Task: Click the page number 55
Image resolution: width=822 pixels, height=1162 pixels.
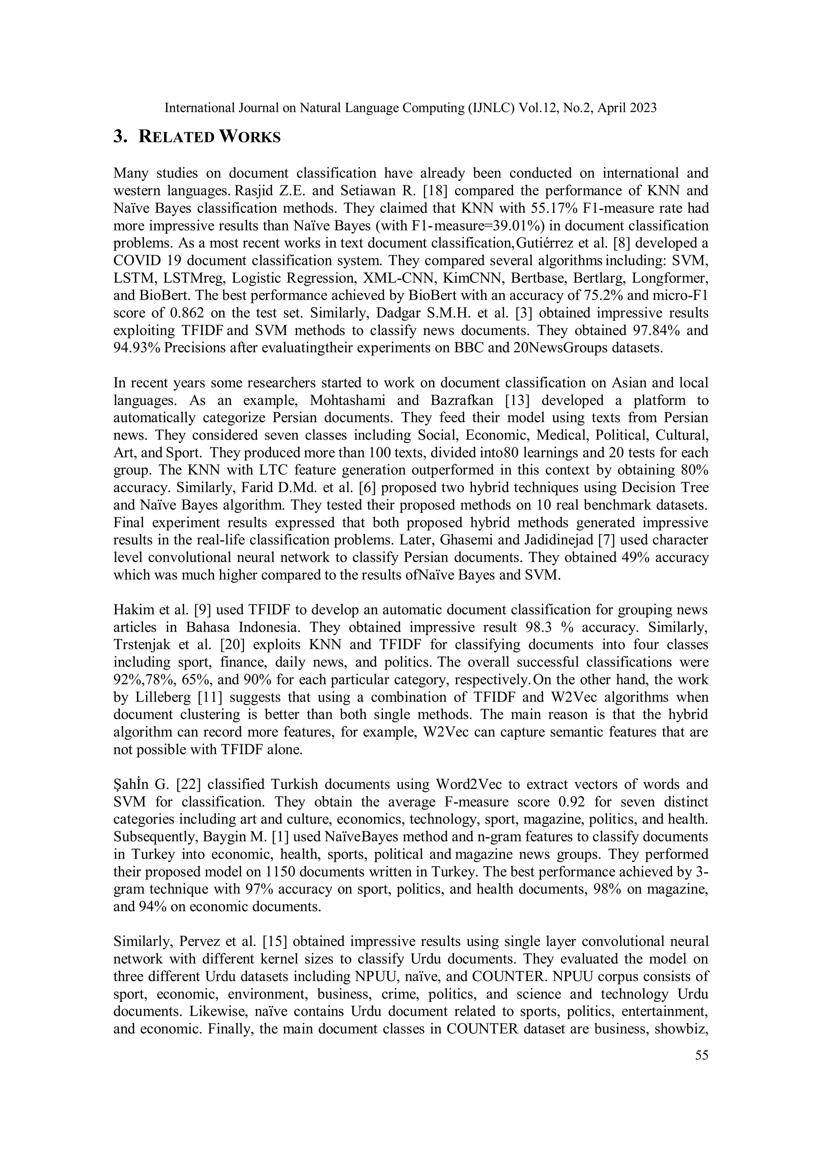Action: click(702, 1055)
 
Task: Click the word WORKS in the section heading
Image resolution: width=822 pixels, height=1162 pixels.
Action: click(250, 137)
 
